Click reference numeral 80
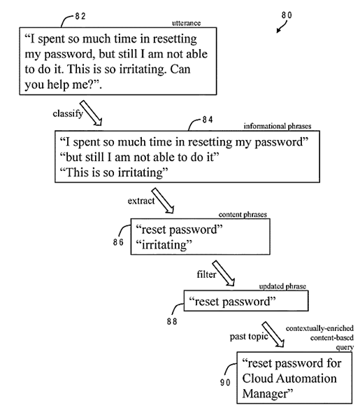tap(288, 15)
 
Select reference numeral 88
tap(171, 321)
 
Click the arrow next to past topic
tap(271, 335)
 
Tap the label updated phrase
tap(283, 287)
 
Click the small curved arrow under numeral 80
tap(281, 27)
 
